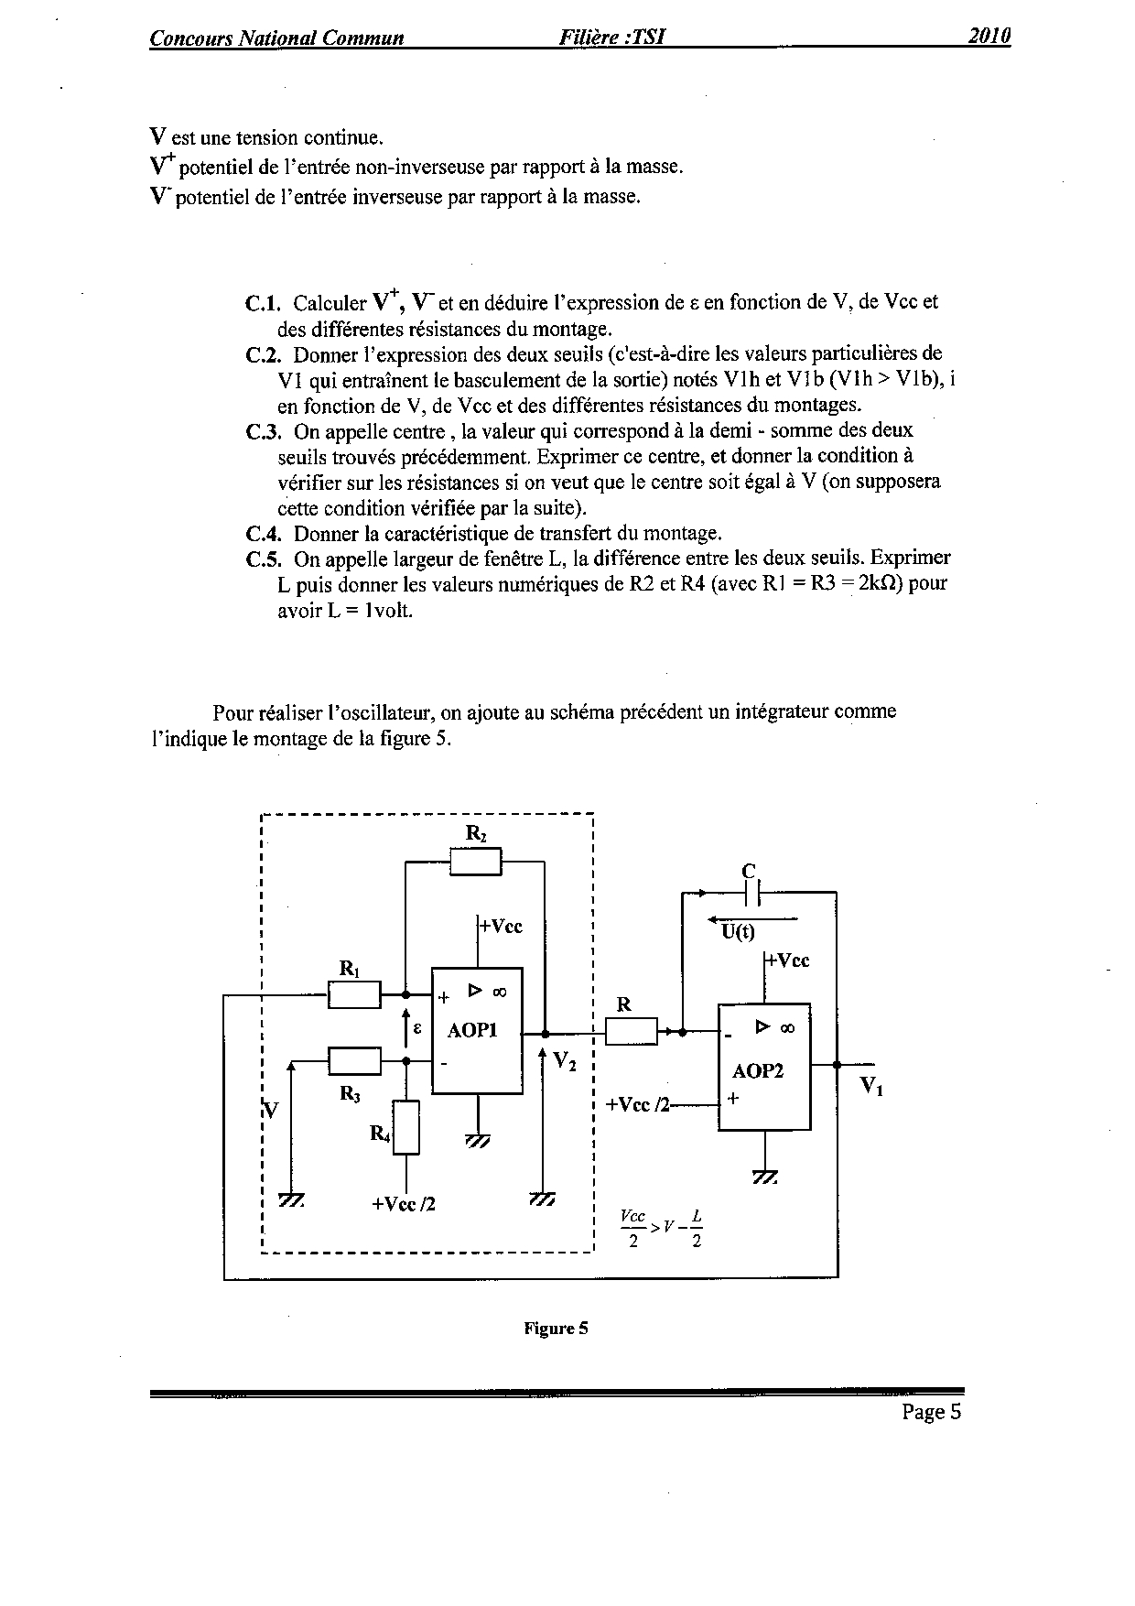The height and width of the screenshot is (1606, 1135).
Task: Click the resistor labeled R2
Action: [x=476, y=862]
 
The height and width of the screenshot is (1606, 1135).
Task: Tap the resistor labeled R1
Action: [x=354, y=994]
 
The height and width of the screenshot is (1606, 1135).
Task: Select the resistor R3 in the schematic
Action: [x=354, y=1061]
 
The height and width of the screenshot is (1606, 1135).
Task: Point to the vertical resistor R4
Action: [x=406, y=1127]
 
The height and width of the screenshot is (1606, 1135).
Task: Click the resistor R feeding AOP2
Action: [x=632, y=1032]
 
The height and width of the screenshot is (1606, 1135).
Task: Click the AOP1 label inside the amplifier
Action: [x=472, y=1030]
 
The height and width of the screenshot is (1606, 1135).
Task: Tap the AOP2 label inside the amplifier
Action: [x=758, y=1070]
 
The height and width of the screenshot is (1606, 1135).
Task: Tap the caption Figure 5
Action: [x=556, y=1329]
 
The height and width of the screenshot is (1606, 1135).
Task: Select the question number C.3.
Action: [x=263, y=430]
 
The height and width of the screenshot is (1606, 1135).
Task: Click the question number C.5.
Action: [x=263, y=559]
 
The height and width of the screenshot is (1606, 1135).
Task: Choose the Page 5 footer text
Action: [x=931, y=1412]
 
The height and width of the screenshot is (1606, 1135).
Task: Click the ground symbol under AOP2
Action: [x=764, y=1177]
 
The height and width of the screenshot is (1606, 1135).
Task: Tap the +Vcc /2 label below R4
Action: [x=404, y=1204]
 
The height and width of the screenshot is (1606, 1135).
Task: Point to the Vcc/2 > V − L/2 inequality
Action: [x=661, y=1229]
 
